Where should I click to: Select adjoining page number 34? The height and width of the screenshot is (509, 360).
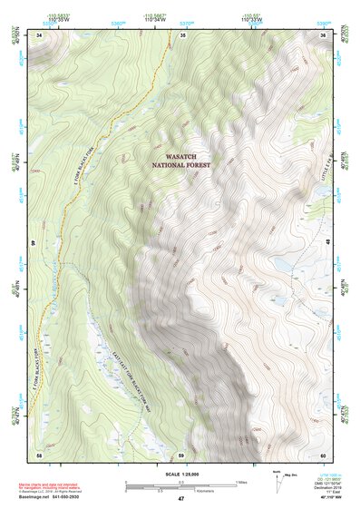(x=39, y=34)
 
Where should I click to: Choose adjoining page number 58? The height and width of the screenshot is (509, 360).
(x=39, y=454)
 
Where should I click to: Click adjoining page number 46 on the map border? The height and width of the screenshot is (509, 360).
(x=34, y=243)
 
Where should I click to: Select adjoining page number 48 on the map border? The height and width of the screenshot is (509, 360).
(x=327, y=243)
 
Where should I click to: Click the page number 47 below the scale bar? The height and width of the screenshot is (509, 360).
(x=180, y=498)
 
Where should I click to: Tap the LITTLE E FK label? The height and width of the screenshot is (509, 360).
(x=321, y=167)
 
